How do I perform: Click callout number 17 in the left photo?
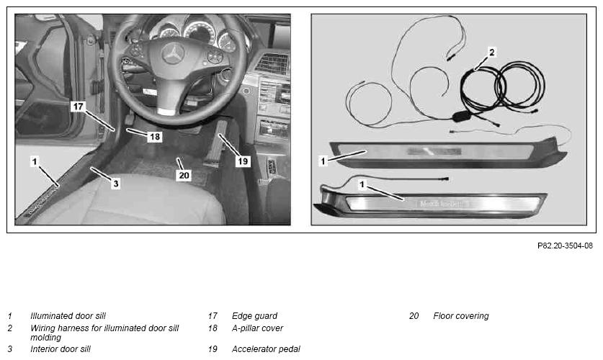[x=78, y=106]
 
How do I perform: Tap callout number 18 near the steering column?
[x=155, y=136]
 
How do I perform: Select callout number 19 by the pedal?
[x=243, y=161]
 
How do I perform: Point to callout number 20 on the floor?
[x=184, y=175]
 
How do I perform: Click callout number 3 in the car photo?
[x=116, y=184]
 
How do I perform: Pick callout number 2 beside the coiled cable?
[x=491, y=52]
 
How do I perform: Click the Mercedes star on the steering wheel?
[x=174, y=53]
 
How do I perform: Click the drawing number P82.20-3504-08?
[x=565, y=246]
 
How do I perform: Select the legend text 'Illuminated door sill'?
[x=68, y=316]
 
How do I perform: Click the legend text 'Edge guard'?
[x=254, y=316]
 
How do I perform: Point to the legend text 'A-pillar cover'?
[x=257, y=328]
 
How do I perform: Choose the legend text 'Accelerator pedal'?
[x=266, y=349]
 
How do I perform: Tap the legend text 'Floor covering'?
[x=460, y=316]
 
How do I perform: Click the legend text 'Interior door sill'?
[x=61, y=349]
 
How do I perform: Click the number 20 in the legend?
[x=414, y=316]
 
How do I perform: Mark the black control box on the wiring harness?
[x=464, y=116]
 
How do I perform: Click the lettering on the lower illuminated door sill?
[x=442, y=204]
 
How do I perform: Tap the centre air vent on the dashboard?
[x=272, y=63]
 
